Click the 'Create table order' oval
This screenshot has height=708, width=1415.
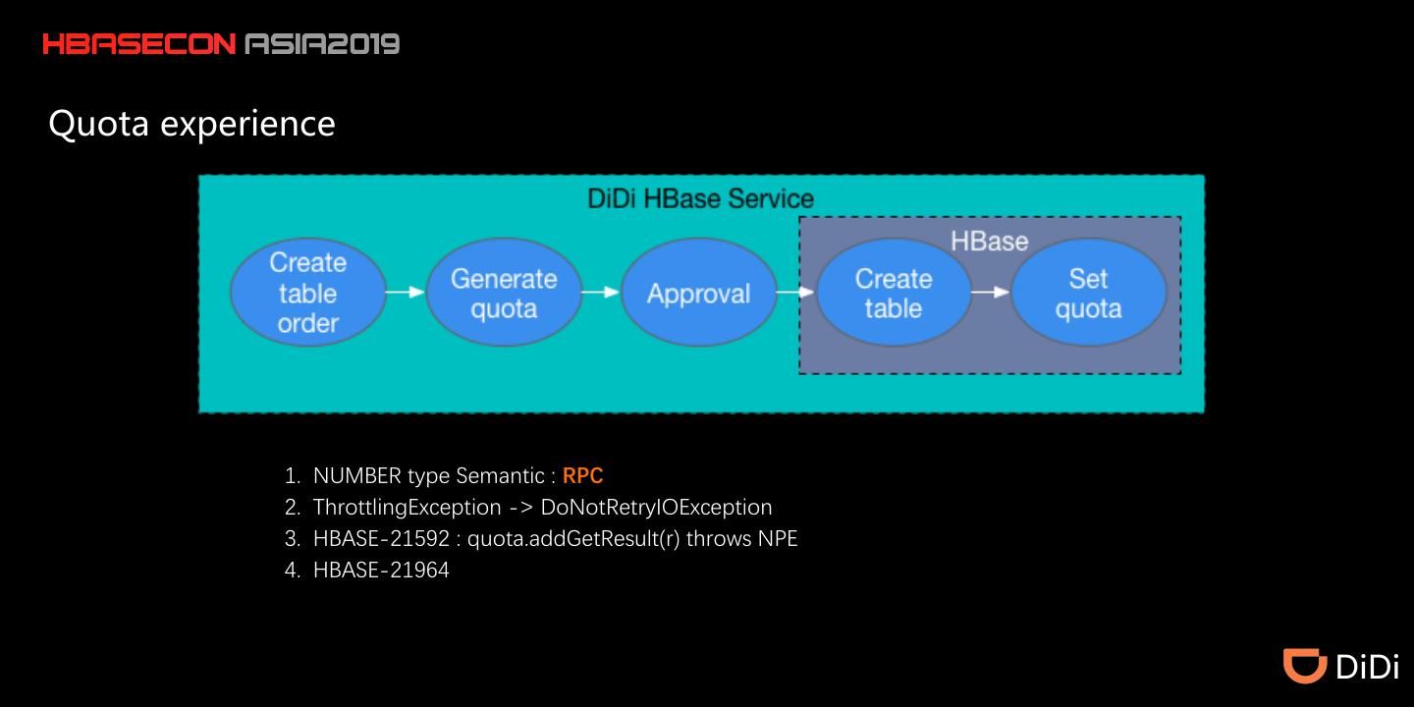(307, 293)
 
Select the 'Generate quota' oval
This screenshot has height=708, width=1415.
(504, 293)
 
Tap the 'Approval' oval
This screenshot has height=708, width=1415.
(698, 293)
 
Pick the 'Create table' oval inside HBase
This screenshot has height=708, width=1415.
(893, 293)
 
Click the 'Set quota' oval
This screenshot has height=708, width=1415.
(1088, 293)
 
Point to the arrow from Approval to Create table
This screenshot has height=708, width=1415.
(795, 292)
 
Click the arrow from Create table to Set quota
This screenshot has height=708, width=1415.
(990, 292)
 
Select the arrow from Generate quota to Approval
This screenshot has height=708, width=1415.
(600, 292)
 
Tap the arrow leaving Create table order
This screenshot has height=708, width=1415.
(405, 292)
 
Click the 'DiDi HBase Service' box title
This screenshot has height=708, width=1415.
(700, 198)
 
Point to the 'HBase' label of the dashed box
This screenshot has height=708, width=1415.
(989, 241)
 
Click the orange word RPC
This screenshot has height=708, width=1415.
(582, 476)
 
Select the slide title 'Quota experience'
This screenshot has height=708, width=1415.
(191, 124)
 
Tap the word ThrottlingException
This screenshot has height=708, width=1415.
(407, 508)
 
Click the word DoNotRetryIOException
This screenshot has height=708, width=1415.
(656, 508)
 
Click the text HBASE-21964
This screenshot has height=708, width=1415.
(381, 570)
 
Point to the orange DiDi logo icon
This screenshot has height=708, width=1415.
(1305, 665)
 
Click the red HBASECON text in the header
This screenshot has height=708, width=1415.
(138, 44)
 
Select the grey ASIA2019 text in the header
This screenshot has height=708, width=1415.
(322, 44)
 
